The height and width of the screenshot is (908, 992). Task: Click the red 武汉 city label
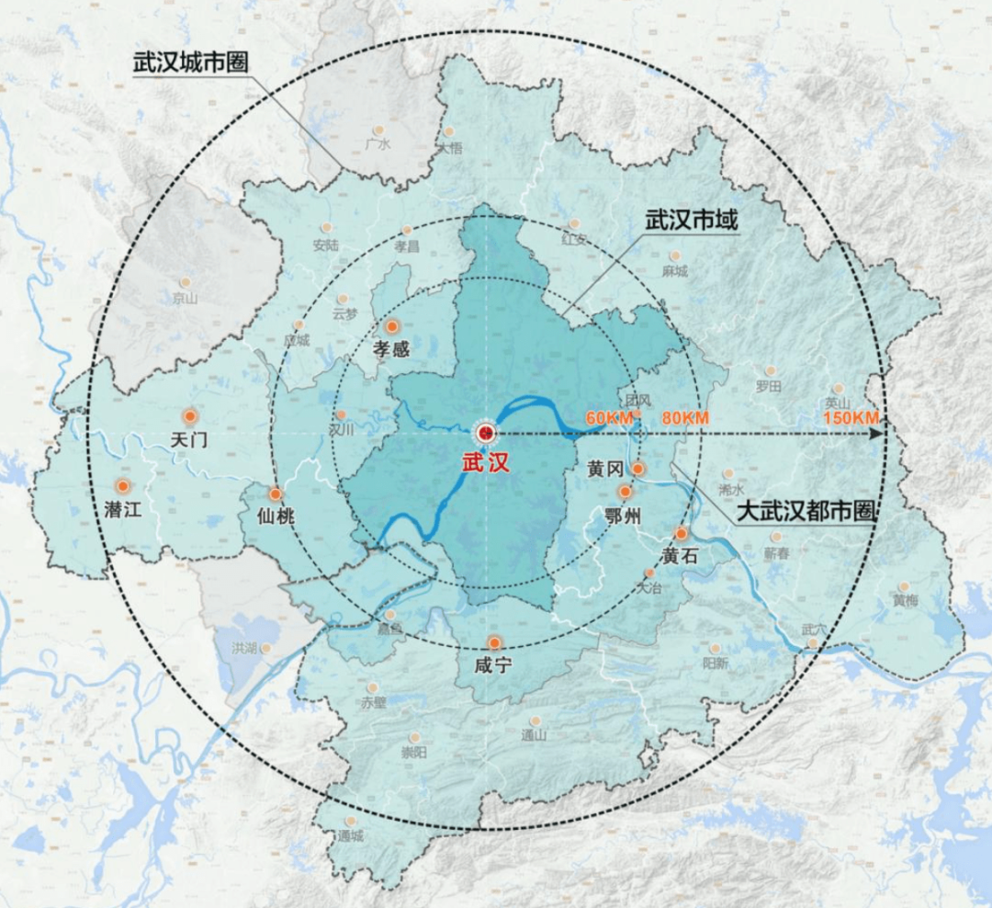click(x=485, y=462)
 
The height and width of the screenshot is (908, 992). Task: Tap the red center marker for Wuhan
click(x=484, y=432)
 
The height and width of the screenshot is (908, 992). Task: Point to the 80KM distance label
click(x=684, y=419)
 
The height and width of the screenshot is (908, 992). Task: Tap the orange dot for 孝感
click(x=393, y=326)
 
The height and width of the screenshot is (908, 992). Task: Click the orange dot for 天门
click(x=190, y=415)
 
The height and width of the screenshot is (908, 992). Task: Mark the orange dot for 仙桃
click(x=275, y=494)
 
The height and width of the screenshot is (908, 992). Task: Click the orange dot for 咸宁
click(x=494, y=643)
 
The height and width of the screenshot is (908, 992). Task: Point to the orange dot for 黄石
click(x=682, y=533)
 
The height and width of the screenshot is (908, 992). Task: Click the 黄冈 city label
click(x=606, y=470)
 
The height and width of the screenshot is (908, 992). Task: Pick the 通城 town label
click(x=350, y=836)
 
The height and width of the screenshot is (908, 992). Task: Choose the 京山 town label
click(x=184, y=298)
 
